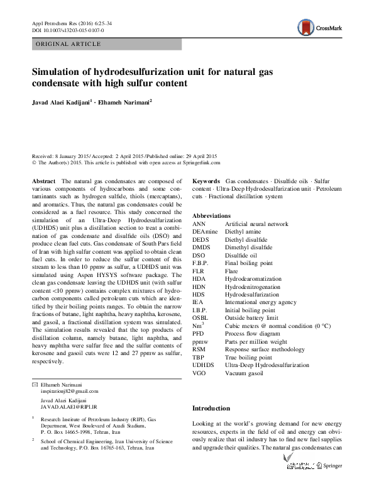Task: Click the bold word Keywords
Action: tap(206, 181)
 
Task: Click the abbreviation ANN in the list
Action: tap(199, 224)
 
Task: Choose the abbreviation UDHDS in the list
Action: tap(204, 365)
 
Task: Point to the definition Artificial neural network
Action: tap(256, 224)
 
